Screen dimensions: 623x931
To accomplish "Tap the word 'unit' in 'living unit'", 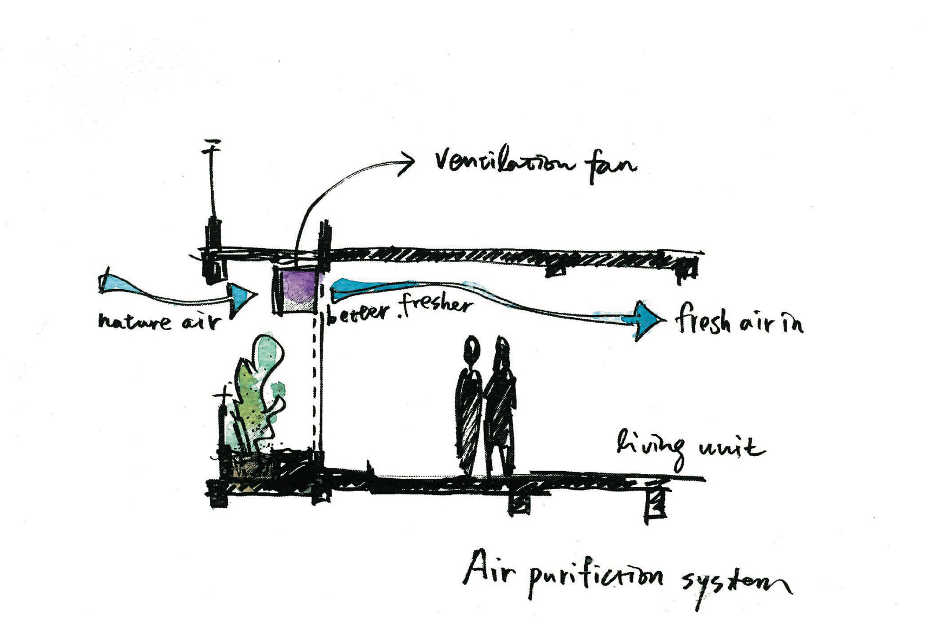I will click(x=732, y=448).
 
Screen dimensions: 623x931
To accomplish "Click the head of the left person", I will click(x=472, y=349).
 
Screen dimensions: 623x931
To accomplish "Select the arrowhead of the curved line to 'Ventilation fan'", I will click(x=407, y=160).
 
